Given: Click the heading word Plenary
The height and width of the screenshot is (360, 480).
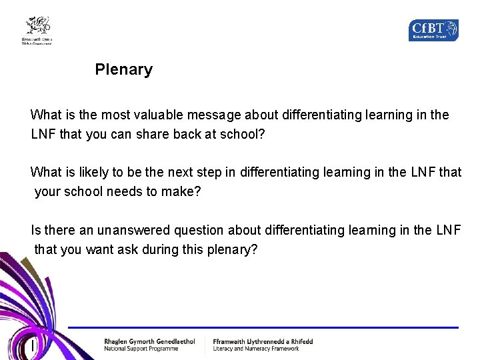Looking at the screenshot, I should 123,69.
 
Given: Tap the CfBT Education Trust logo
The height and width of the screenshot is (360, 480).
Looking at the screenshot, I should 433,30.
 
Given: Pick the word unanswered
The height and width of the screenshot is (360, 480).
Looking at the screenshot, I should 133,230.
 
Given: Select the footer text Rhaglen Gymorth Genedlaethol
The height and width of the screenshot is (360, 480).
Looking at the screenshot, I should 149,341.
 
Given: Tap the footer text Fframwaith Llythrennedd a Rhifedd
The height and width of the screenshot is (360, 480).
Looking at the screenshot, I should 263,341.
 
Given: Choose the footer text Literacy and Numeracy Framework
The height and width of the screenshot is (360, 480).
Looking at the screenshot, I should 256,349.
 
